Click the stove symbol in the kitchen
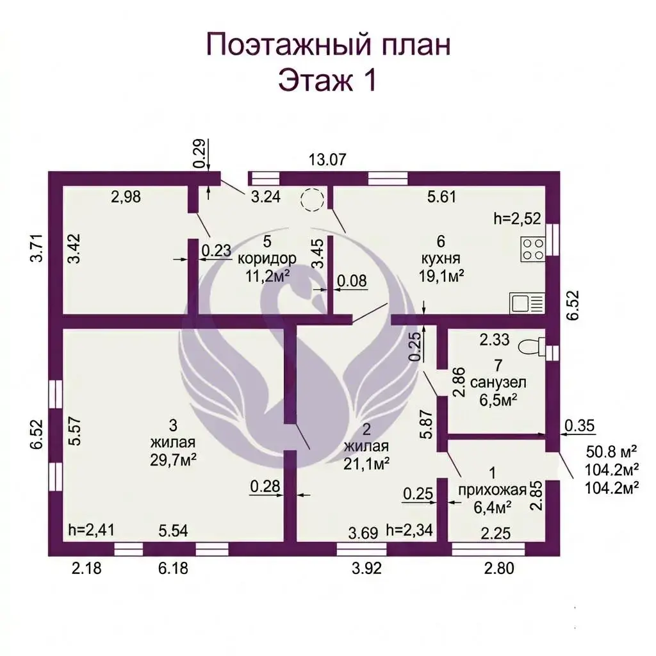(x=533, y=249)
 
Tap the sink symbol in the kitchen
(x=527, y=302)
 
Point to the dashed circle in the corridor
(x=312, y=200)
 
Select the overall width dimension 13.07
(x=327, y=160)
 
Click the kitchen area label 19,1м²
(x=441, y=275)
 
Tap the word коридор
(x=267, y=259)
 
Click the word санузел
(x=498, y=382)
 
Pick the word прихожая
(x=492, y=490)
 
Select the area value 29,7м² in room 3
(x=173, y=460)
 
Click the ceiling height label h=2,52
(x=517, y=218)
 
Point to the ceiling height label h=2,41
(x=91, y=530)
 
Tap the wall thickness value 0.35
(x=579, y=425)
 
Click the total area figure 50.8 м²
(x=611, y=452)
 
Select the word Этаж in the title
(x=315, y=80)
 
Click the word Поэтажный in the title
(x=289, y=45)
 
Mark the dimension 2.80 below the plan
(x=499, y=569)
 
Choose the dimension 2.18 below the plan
(x=86, y=569)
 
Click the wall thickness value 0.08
(x=352, y=281)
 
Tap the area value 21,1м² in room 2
(x=366, y=464)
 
